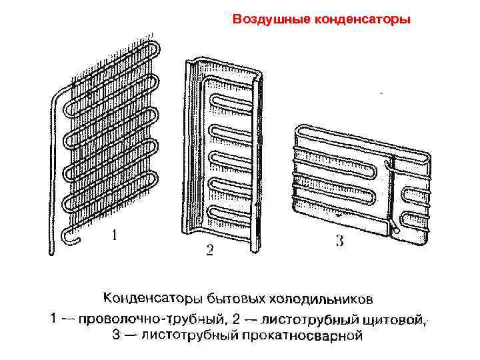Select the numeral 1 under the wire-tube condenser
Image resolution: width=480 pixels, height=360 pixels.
pos(116,235)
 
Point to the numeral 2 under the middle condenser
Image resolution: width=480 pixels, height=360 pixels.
pos(209,251)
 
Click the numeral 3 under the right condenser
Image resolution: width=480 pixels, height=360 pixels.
pos(339,241)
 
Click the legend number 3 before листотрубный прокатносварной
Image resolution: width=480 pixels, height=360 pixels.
pos(115,336)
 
